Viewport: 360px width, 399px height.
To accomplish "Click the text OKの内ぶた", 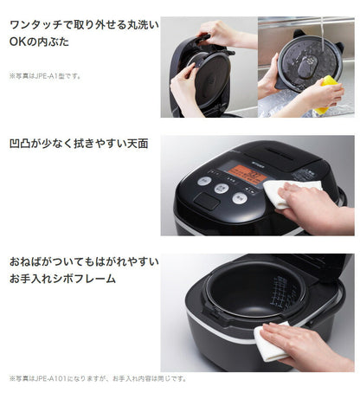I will point(40,42).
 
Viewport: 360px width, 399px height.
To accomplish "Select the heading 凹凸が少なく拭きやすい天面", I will point(79,144).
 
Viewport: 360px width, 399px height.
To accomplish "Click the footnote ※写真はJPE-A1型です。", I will point(45,76).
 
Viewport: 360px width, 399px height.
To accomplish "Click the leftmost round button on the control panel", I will point(203,182).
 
